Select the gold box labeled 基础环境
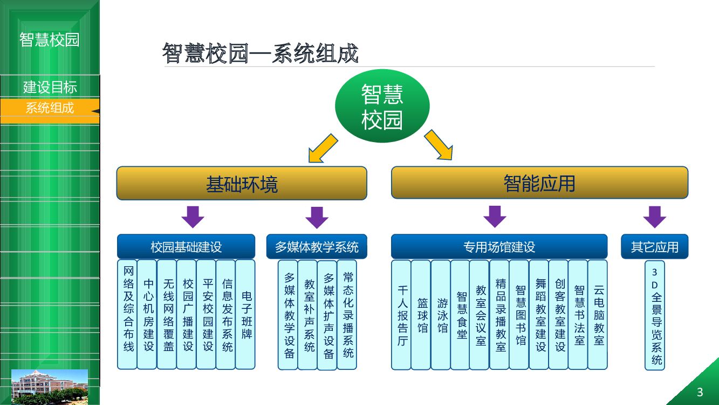pyautogui.click(x=242, y=183)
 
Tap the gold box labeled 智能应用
pyautogui.click(x=539, y=183)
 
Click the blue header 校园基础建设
pyautogui.click(x=186, y=247)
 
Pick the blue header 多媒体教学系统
pyautogui.click(x=317, y=247)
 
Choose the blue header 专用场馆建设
pyautogui.click(x=499, y=247)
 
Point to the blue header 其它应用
pyautogui.click(x=654, y=247)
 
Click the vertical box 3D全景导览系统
pyautogui.click(x=655, y=315)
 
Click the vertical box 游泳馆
pyautogui.click(x=441, y=315)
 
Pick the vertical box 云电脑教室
pyautogui.click(x=598, y=315)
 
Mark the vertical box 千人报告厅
pyautogui.click(x=401, y=315)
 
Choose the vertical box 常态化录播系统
pyautogui.click(x=347, y=315)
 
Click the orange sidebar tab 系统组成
pyautogui.click(x=50, y=108)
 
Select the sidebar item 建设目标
pyautogui.click(x=50, y=86)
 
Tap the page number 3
pyautogui.click(x=700, y=392)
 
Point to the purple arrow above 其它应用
pyautogui.click(x=654, y=217)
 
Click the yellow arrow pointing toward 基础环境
pyautogui.click(x=323, y=148)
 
